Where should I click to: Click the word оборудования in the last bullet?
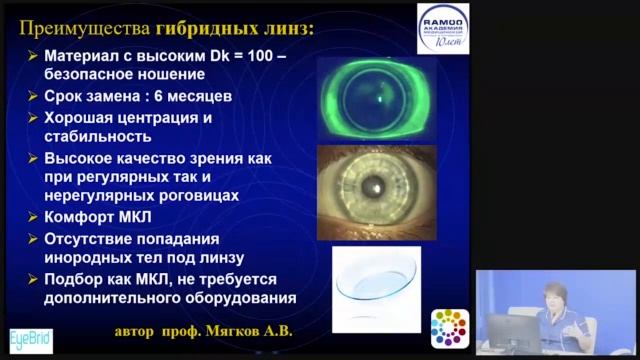(x=236, y=298)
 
